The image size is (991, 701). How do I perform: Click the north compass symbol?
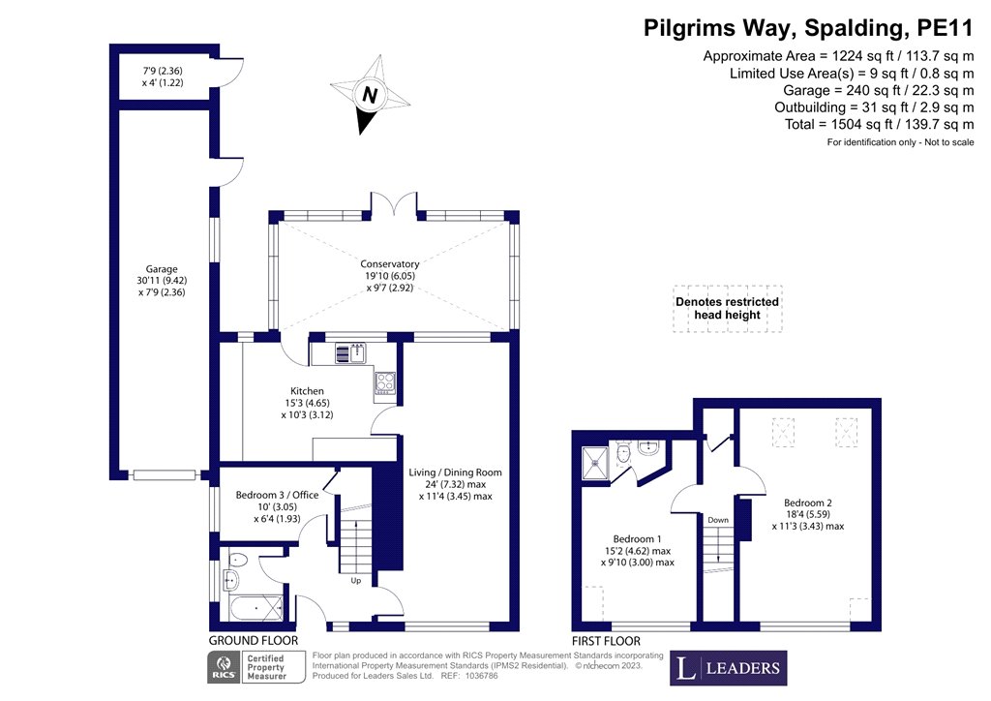(369, 95)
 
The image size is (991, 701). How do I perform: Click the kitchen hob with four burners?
(384, 382)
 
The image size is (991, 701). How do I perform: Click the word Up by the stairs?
(356, 582)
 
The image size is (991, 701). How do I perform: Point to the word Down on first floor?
(718, 520)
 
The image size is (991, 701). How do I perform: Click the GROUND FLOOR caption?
(254, 641)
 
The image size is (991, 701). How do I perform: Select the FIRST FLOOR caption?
(606, 641)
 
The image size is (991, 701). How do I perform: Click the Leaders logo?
(729, 668)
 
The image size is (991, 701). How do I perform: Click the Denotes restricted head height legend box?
(727, 309)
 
